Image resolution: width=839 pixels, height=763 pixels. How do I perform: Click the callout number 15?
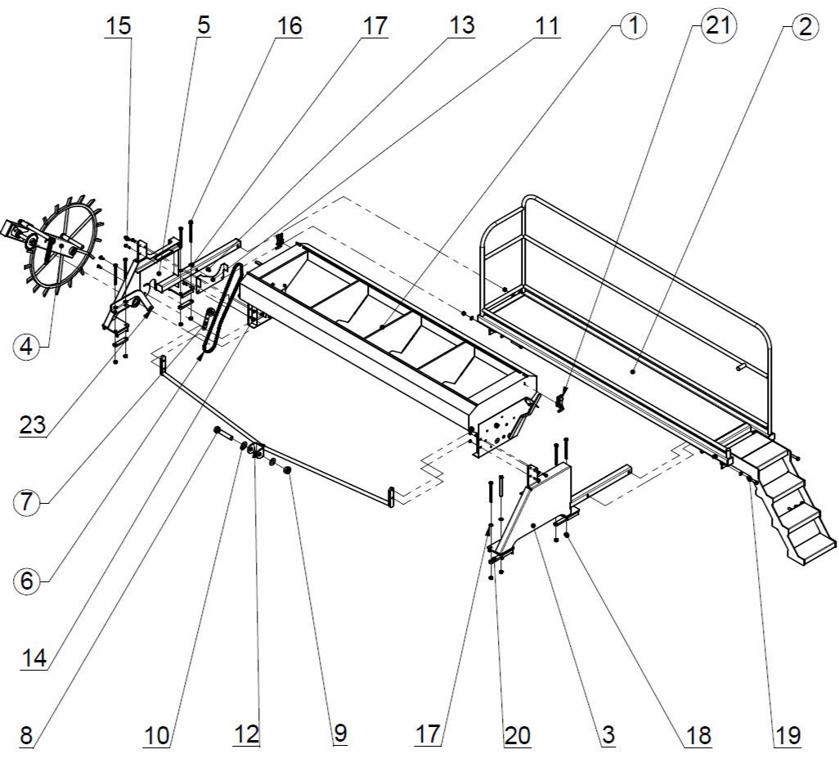(x=118, y=25)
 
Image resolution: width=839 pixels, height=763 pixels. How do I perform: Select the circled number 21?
(x=717, y=26)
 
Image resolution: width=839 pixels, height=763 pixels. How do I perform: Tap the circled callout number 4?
(x=28, y=347)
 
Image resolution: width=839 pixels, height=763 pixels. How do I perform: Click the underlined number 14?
(x=34, y=658)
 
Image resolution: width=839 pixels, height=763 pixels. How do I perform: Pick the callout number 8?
(x=26, y=734)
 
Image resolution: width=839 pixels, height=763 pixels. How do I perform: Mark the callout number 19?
(x=787, y=734)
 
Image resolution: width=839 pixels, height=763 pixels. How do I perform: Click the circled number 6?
(x=27, y=581)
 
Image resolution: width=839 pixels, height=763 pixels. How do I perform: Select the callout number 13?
(x=461, y=25)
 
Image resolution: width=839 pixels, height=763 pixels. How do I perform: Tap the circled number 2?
(x=805, y=26)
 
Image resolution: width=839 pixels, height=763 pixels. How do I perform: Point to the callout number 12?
(x=246, y=734)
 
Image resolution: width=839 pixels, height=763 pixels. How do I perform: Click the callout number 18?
(x=699, y=734)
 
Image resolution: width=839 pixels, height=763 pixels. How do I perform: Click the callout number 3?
(x=607, y=734)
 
